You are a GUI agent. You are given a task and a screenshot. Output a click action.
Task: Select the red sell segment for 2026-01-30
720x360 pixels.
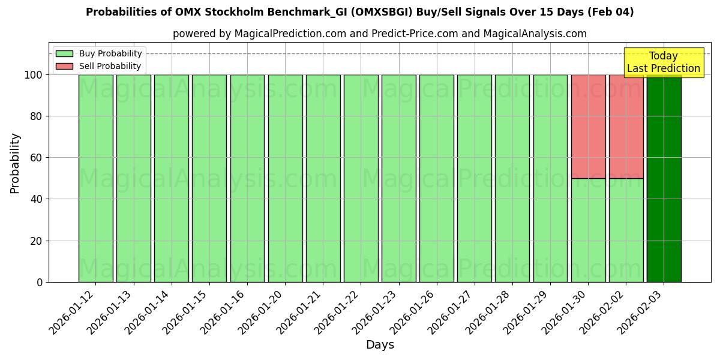click(588, 126)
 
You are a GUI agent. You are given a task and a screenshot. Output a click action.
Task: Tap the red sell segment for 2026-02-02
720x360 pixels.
click(626, 126)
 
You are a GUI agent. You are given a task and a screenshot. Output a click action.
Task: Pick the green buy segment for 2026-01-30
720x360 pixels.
click(588, 230)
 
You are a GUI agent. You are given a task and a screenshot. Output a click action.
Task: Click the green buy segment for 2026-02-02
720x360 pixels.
click(626, 230)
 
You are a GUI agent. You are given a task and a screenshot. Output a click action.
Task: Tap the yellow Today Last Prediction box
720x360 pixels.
click(663, 62)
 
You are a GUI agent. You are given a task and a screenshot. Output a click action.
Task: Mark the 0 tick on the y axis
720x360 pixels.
click(39, 282)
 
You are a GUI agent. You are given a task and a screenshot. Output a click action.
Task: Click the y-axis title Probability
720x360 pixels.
click(15, 163)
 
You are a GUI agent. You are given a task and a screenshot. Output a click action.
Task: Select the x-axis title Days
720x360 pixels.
click(380, 345)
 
